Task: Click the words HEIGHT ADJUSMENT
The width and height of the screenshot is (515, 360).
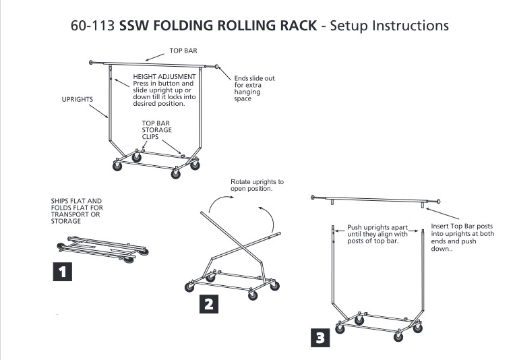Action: click(164, 77)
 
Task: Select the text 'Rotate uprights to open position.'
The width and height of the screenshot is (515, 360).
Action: click(257, 185)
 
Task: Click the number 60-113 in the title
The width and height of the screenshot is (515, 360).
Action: click(93, 27)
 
